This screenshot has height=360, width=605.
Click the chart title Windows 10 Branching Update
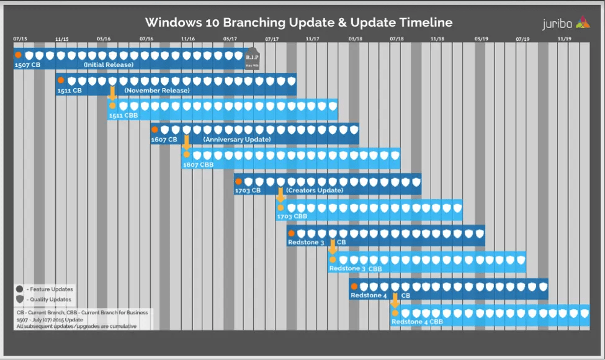[x=298, y=23]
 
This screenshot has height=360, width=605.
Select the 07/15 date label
[x=20, y=39]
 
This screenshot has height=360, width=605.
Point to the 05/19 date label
[x=482, y=39]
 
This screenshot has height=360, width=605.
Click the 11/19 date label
[x=565, y=39]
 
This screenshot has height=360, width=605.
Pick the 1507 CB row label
[x=28, y=65]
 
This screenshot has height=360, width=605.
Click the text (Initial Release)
[x=109, y=65]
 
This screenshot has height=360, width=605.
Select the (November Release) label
[x=157, y=91]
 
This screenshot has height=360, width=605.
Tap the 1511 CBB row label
[x=123, y=115]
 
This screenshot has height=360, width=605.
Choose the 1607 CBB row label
[x=198, y=165]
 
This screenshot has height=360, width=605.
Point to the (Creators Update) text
[x=314, y=190]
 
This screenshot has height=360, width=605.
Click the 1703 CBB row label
[x=292, y=216]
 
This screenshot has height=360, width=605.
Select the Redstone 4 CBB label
[x=417, y=322]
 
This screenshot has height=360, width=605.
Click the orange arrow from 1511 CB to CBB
[x=112, y=94]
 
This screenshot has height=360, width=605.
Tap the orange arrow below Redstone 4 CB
[x=395, y=301]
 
